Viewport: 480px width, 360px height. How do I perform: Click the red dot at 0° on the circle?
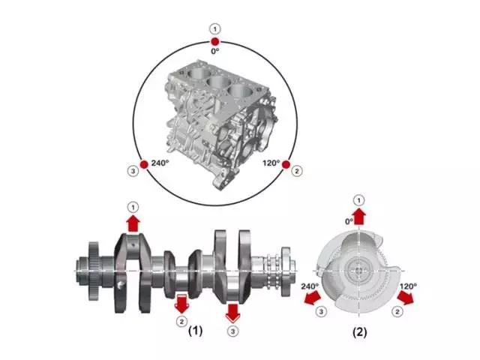point(215,41)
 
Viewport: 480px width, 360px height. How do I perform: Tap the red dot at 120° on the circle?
point(286,165)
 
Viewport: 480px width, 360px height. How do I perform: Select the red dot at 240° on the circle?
point(144,165)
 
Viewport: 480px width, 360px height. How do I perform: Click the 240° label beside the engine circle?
point(160,163)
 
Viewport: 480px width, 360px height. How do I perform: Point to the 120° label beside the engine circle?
point(271,163)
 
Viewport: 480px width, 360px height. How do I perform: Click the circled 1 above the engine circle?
point(215,29)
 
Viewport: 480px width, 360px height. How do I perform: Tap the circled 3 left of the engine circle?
point(133,170)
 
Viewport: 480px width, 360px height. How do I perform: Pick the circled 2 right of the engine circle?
point(296,170)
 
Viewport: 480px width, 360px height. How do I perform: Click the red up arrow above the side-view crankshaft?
point(133,223)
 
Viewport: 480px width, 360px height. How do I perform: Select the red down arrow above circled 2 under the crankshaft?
point(181,304)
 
